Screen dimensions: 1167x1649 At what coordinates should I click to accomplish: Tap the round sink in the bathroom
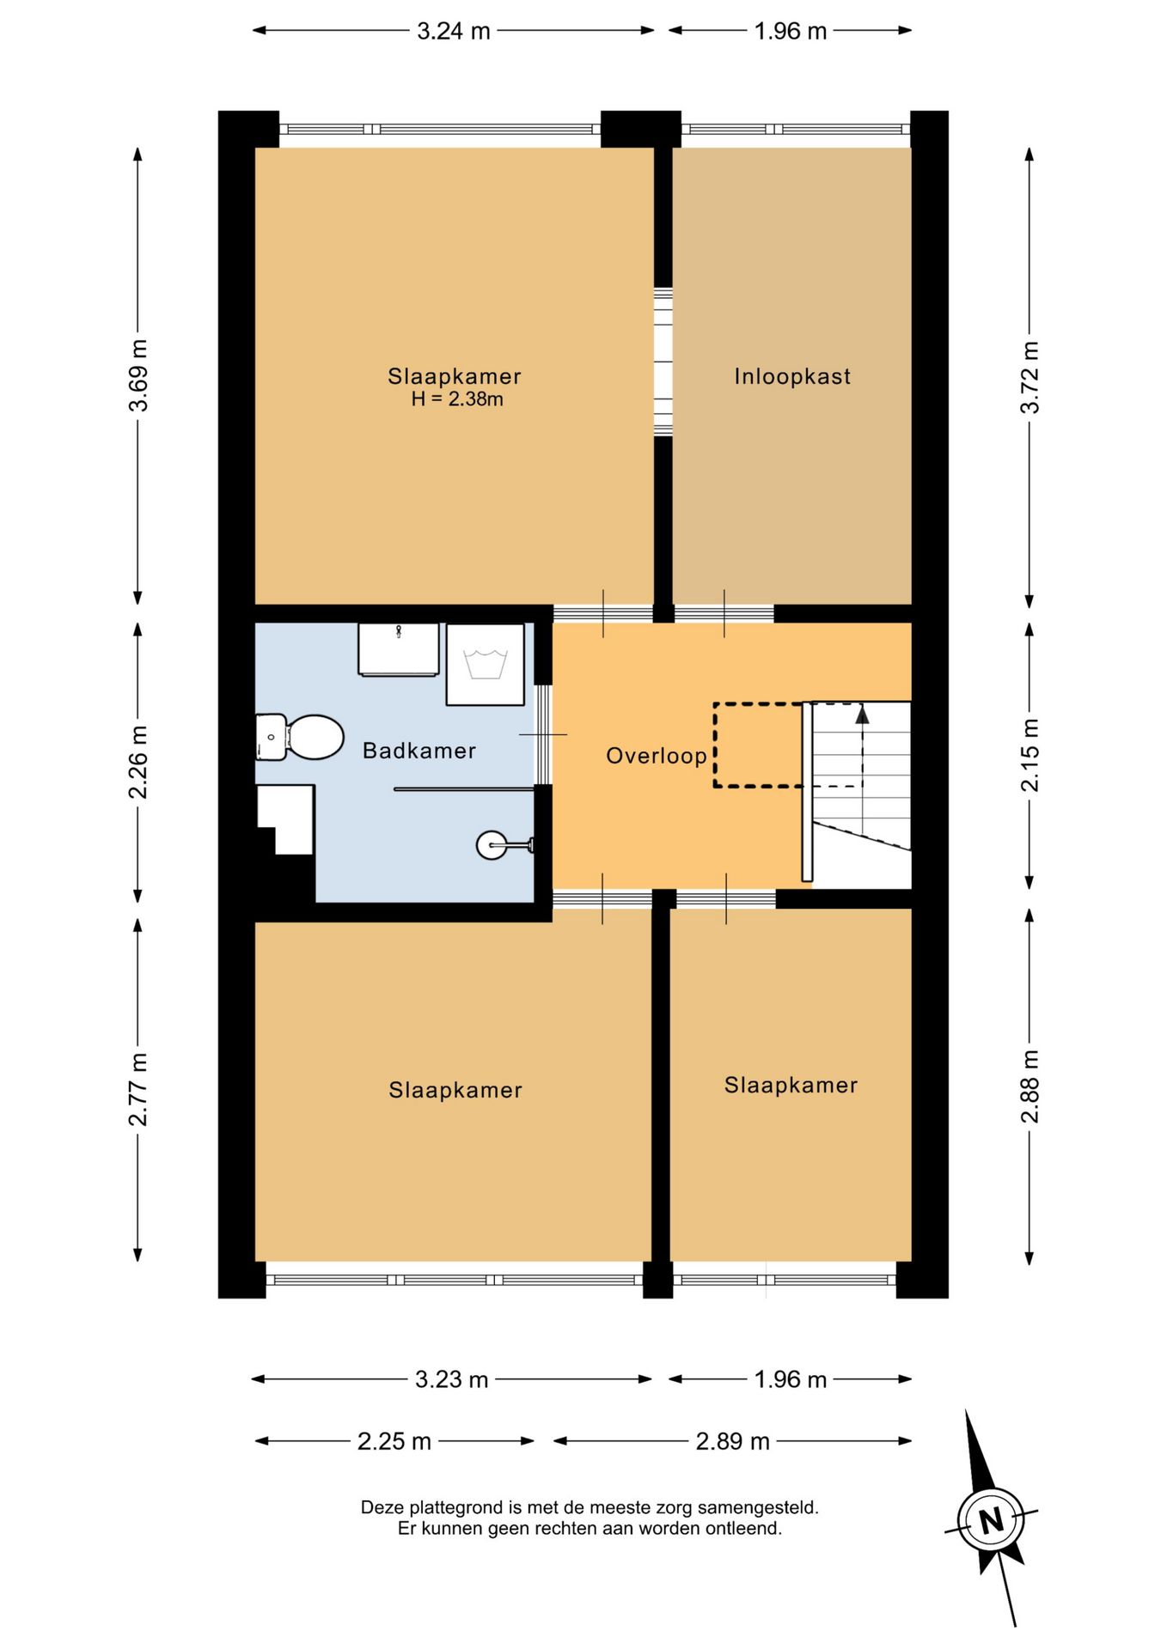(x=492, y=845)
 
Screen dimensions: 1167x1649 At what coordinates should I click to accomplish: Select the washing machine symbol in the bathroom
(x=485, y=665)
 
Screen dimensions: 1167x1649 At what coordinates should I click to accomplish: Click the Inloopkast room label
(x=792, y=376)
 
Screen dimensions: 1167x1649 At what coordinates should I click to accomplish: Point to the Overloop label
(x=657, y=756)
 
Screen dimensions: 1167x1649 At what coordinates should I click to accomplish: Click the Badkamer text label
(x=419, y=751)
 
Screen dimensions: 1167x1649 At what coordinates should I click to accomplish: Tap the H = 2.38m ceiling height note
(x=457, y=399)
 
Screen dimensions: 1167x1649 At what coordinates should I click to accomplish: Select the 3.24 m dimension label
(x=454, y=31)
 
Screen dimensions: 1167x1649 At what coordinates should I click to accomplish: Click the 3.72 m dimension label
(x=1030, y=376)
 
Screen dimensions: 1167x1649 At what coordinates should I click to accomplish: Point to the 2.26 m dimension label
(x=137, y=761)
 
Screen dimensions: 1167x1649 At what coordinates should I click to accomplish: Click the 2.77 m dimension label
(x=137, y=1088)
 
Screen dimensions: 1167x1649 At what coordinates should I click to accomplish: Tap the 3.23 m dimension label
(x=452, y=1379)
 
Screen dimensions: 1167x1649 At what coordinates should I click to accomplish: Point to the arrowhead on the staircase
(x=862, y=714)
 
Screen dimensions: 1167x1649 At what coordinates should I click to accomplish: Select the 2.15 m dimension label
(x=1030, y=755)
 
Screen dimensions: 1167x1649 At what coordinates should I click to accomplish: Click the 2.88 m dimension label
(x=1030, y=1086)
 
